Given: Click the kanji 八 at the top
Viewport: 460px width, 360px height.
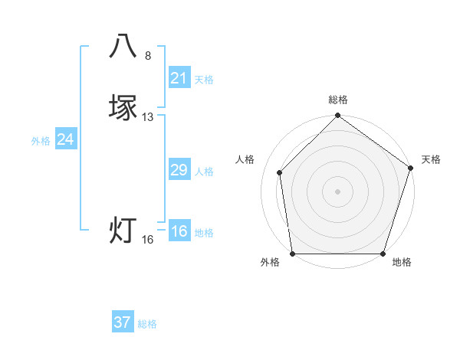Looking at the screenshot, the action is click(123, 46).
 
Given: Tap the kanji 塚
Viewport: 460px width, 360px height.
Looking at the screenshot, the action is click(123, 107).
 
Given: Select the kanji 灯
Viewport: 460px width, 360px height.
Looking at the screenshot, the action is click(123, 230).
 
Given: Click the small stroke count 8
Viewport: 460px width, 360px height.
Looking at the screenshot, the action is click(148, 55).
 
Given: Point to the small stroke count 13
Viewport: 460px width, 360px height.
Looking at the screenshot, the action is click(148, 117).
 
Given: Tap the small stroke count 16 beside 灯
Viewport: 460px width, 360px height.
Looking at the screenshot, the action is click(148, 240).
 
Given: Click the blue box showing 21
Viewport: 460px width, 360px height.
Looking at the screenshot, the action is click(179, 78).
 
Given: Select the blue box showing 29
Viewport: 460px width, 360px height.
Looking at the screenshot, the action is click(179, 170).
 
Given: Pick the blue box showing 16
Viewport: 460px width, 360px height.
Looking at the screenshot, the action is click(179, 231).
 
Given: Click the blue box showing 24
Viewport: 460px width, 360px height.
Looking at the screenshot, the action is click(66, 139).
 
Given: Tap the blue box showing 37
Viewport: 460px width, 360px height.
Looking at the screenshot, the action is click(123, 322).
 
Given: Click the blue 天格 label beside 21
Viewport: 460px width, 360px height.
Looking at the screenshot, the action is click(204, 80).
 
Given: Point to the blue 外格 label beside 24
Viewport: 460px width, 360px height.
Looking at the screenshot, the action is click(41, 141).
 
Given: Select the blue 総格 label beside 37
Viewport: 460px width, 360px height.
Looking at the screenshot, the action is click(147, 324).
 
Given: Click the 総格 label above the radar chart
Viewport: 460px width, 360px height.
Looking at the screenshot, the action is click(338, 100).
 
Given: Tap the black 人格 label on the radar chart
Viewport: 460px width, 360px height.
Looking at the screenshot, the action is click(245, 159).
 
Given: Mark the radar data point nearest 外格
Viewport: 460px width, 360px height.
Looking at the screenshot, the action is click(293, 254).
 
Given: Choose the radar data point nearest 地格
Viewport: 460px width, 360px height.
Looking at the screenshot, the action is click(383, 254).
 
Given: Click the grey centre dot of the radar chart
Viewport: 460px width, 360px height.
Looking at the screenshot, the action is click(337, 191).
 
